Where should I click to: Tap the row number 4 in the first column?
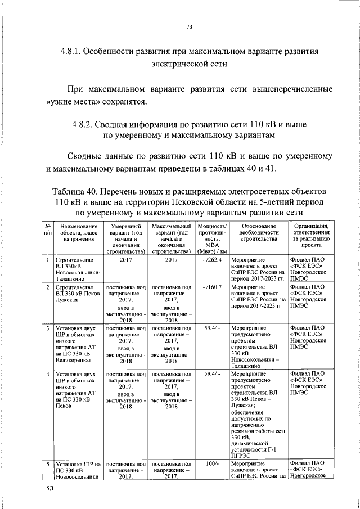click(48, 373)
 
